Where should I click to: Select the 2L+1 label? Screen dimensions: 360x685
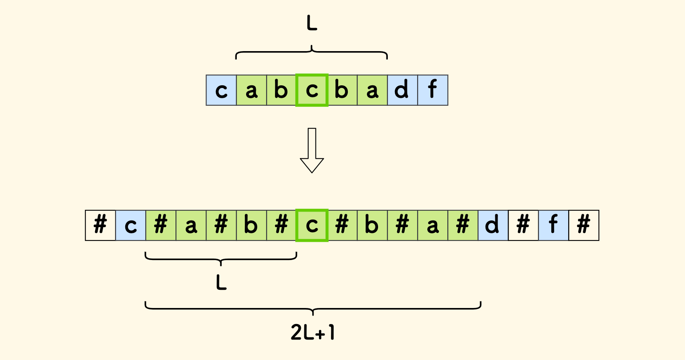(312, 332)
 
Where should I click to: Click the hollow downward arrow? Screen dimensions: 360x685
(312, 150)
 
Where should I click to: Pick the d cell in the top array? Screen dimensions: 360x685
(402, 90)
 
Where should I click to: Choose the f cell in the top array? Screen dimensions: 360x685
(433, 90)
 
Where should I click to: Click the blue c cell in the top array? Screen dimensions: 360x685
(221, 90)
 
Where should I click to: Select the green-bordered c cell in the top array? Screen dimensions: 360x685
(312, 90)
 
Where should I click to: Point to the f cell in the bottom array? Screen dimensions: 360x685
(554, 225)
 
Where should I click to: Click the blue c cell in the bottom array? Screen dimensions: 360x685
(131, 225)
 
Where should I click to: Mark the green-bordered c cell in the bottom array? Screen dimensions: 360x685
(312, 225)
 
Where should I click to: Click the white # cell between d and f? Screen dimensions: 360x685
(523, 225)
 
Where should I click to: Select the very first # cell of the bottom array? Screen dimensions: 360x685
(100, 225)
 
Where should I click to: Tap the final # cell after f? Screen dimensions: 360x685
(584, 225)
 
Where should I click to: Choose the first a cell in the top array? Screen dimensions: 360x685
(251, 90)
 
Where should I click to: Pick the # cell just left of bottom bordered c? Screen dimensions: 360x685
(282, 225)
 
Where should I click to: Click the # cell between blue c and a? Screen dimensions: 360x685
(161, 225)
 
